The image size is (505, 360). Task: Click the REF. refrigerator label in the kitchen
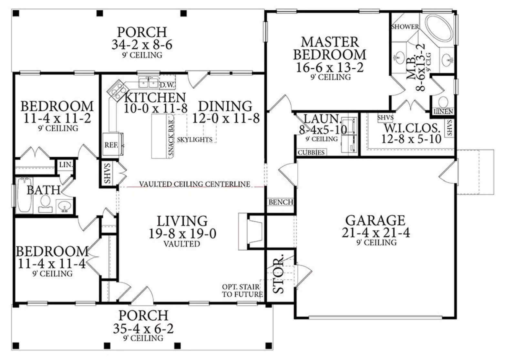pyautogui.click(x=111, y=145)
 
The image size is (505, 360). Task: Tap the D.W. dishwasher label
pyautogui.click(x=167, y=85)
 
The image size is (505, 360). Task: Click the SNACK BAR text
pyautogui.click(x=171, y=137)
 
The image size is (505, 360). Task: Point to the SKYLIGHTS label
pyautogui.click(x=194, y=140)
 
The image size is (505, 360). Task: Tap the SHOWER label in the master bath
pyautogui.click(x=405, y=26)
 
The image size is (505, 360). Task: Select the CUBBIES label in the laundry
pyautogui.click(x=311, y=152)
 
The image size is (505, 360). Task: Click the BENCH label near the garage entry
pyautogui.click(x=281, y=202)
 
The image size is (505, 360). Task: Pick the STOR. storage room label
pyautogui.click(x=278, y=274)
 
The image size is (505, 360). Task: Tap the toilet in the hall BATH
pyautogui.click(x=46, y=203)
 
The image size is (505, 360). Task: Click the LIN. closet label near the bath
pyautogui.click(x=66, y=165)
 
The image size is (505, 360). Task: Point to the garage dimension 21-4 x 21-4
pyautogui.click(x=376, y=232)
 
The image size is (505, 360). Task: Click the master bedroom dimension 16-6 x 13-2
pyautogui.click(x=330, y=67)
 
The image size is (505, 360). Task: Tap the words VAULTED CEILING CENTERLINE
pyautogui.click(x=194, y=184)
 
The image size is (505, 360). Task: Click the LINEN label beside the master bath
pyautogui.click(x=443, y=111)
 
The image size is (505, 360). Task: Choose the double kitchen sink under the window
pyautogui.click(x=149, y=82)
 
